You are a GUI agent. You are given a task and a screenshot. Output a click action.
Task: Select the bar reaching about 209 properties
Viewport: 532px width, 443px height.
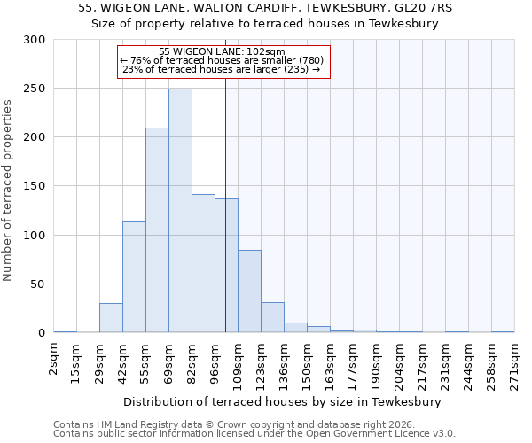click(157, 230)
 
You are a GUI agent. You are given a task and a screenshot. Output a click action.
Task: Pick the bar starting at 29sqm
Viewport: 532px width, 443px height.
click(111, 318)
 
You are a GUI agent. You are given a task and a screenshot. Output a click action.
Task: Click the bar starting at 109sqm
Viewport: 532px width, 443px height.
click(249, 291)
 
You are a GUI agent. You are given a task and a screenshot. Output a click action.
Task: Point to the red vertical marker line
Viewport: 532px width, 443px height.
click(225, 177)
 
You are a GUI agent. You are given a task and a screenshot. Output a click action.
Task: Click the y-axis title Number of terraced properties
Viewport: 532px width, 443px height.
click(8, 190)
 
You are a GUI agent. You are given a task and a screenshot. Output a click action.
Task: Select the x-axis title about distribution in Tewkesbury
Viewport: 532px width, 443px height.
click(283, 401)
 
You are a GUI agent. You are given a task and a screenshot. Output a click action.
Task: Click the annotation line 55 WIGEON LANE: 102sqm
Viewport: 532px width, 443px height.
click(222, 51)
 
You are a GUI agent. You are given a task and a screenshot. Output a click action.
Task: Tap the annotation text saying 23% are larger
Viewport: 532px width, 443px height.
click(222, 69)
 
